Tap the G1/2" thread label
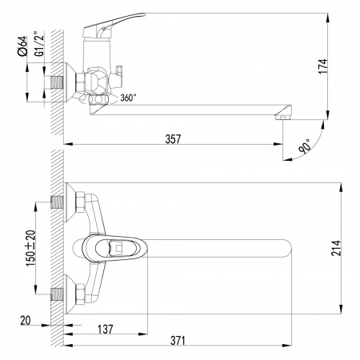click(x=36, y=46)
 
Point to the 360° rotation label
click(x=127, y=98)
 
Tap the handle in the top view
click(x=116, y=248)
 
